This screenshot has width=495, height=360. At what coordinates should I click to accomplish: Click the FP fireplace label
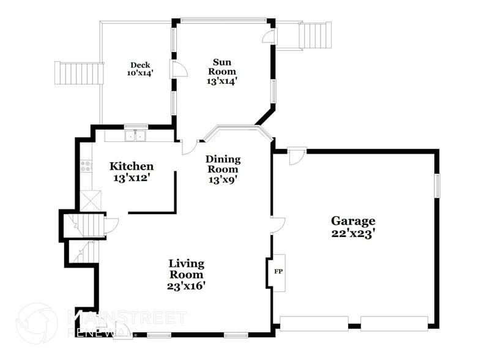[278, 271]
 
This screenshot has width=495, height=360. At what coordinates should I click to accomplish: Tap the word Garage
[353, 220]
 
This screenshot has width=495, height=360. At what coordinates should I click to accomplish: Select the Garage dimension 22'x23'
[353, 233]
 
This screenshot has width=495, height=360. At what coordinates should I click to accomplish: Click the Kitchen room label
[131, 166]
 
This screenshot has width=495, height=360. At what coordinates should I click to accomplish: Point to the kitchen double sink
[135, 136]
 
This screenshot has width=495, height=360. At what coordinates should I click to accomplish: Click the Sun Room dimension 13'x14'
[221, 80]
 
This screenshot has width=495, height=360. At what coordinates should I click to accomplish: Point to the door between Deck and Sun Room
[173, 69]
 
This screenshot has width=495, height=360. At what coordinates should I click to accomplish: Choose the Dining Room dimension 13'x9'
[223, 179]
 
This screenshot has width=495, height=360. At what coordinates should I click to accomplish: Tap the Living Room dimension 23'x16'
[186, 285]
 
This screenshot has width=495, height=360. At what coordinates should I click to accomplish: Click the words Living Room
[187, 269]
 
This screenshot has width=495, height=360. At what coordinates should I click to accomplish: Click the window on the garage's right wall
[437, 186]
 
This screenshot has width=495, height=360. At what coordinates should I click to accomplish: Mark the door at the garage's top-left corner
[296, 156]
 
